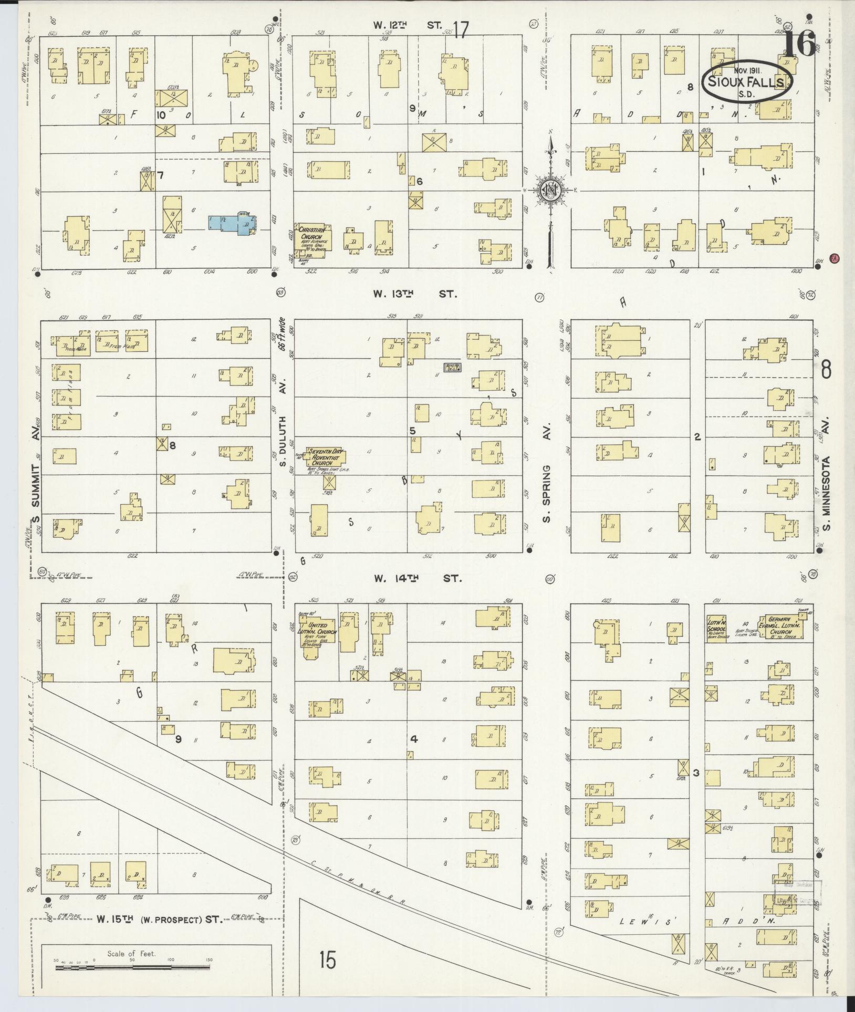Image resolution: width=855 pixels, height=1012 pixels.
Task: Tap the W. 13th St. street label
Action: tap(415, 294)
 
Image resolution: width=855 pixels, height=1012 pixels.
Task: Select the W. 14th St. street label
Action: tap(418, 578)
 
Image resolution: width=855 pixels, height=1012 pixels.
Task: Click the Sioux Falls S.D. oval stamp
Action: tap(747, 81)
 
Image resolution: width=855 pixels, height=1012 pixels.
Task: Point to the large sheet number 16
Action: tap(800, 44)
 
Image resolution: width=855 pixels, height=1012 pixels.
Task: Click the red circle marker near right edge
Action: tap(833, 258)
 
